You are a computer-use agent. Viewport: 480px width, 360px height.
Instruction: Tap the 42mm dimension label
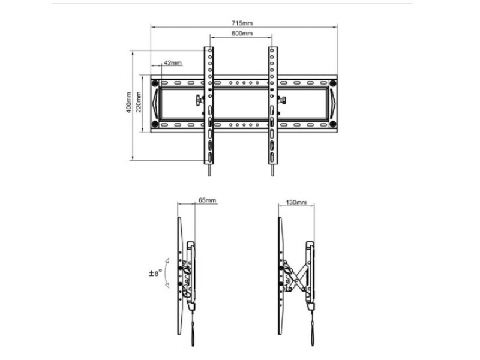[172, 62]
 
